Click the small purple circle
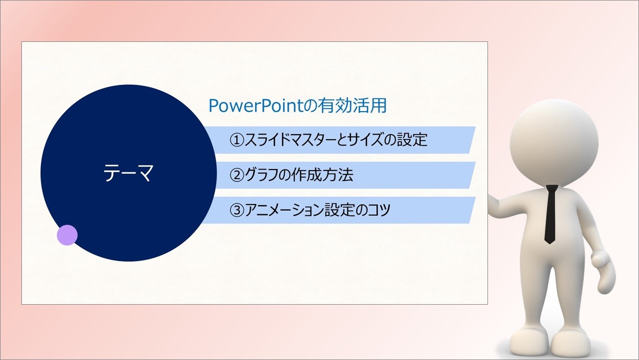(x=67, y=235)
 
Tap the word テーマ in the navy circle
(x=128, y=173)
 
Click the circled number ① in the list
(x=237, y=140)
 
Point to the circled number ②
(x=237, y=175)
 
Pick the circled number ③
(x=237, y=210)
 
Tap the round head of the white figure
(x=554, y=142)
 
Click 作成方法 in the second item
(x=322, y=175)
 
